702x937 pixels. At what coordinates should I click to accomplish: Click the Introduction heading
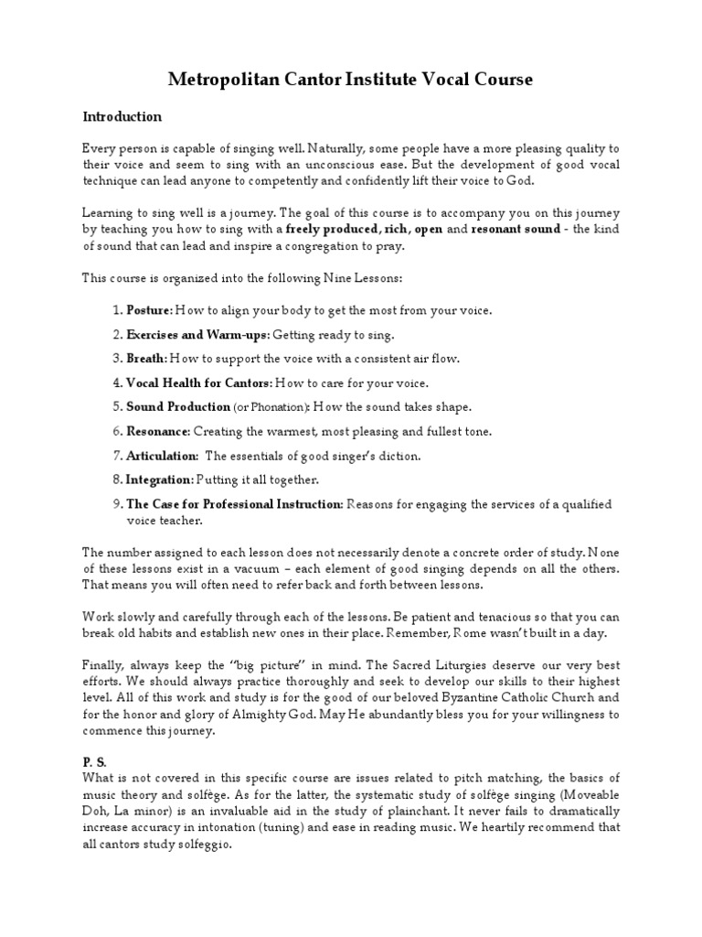(122, 117)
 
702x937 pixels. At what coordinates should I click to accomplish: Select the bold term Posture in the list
(148, 310)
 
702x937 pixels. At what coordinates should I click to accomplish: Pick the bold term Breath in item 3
(146, 359)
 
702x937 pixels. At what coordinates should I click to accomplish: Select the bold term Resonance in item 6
(157, 431)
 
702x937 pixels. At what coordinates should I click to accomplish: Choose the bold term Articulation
(162, 456)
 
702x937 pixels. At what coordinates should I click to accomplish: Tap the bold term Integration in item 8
(160, 479)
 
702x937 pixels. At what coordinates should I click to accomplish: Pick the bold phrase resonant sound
(515, 229)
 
